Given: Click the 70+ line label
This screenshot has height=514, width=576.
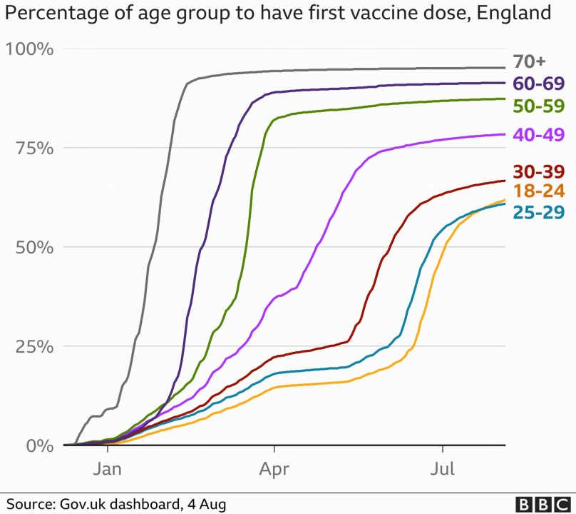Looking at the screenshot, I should pyautogui.click(x=530, y=62).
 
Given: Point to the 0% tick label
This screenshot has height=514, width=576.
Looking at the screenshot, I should pyautogui.click(x=38, y=446).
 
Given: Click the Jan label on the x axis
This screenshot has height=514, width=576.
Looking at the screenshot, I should pyautogui.click(x=108, y=468).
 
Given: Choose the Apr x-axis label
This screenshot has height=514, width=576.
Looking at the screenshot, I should pyautogui.click(x=274, y=468).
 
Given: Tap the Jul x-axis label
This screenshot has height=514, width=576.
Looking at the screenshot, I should pyautogui.click(x=443, y=468).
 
